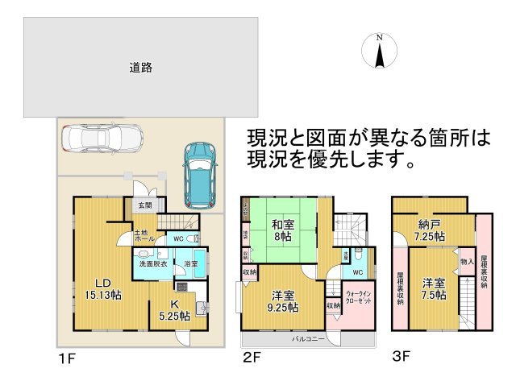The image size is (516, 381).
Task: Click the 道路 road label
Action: pos(141,68)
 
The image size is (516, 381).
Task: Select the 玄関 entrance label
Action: pos(143,206)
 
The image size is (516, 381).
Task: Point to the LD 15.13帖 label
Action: pos(103,289)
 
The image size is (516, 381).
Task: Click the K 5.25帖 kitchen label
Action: pos(173,310)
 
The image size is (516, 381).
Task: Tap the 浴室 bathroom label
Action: pos(191,263)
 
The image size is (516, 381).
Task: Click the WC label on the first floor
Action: pos(178,239)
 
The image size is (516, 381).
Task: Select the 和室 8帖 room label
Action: pos(281,231)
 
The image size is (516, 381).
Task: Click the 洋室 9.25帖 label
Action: pos(281,300)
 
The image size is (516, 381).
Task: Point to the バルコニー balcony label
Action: pos(309,339)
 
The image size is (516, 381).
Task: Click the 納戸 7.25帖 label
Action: pos(427,231)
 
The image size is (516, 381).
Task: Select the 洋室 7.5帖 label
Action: pos(433,288)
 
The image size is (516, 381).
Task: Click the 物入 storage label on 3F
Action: pos(466,262)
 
